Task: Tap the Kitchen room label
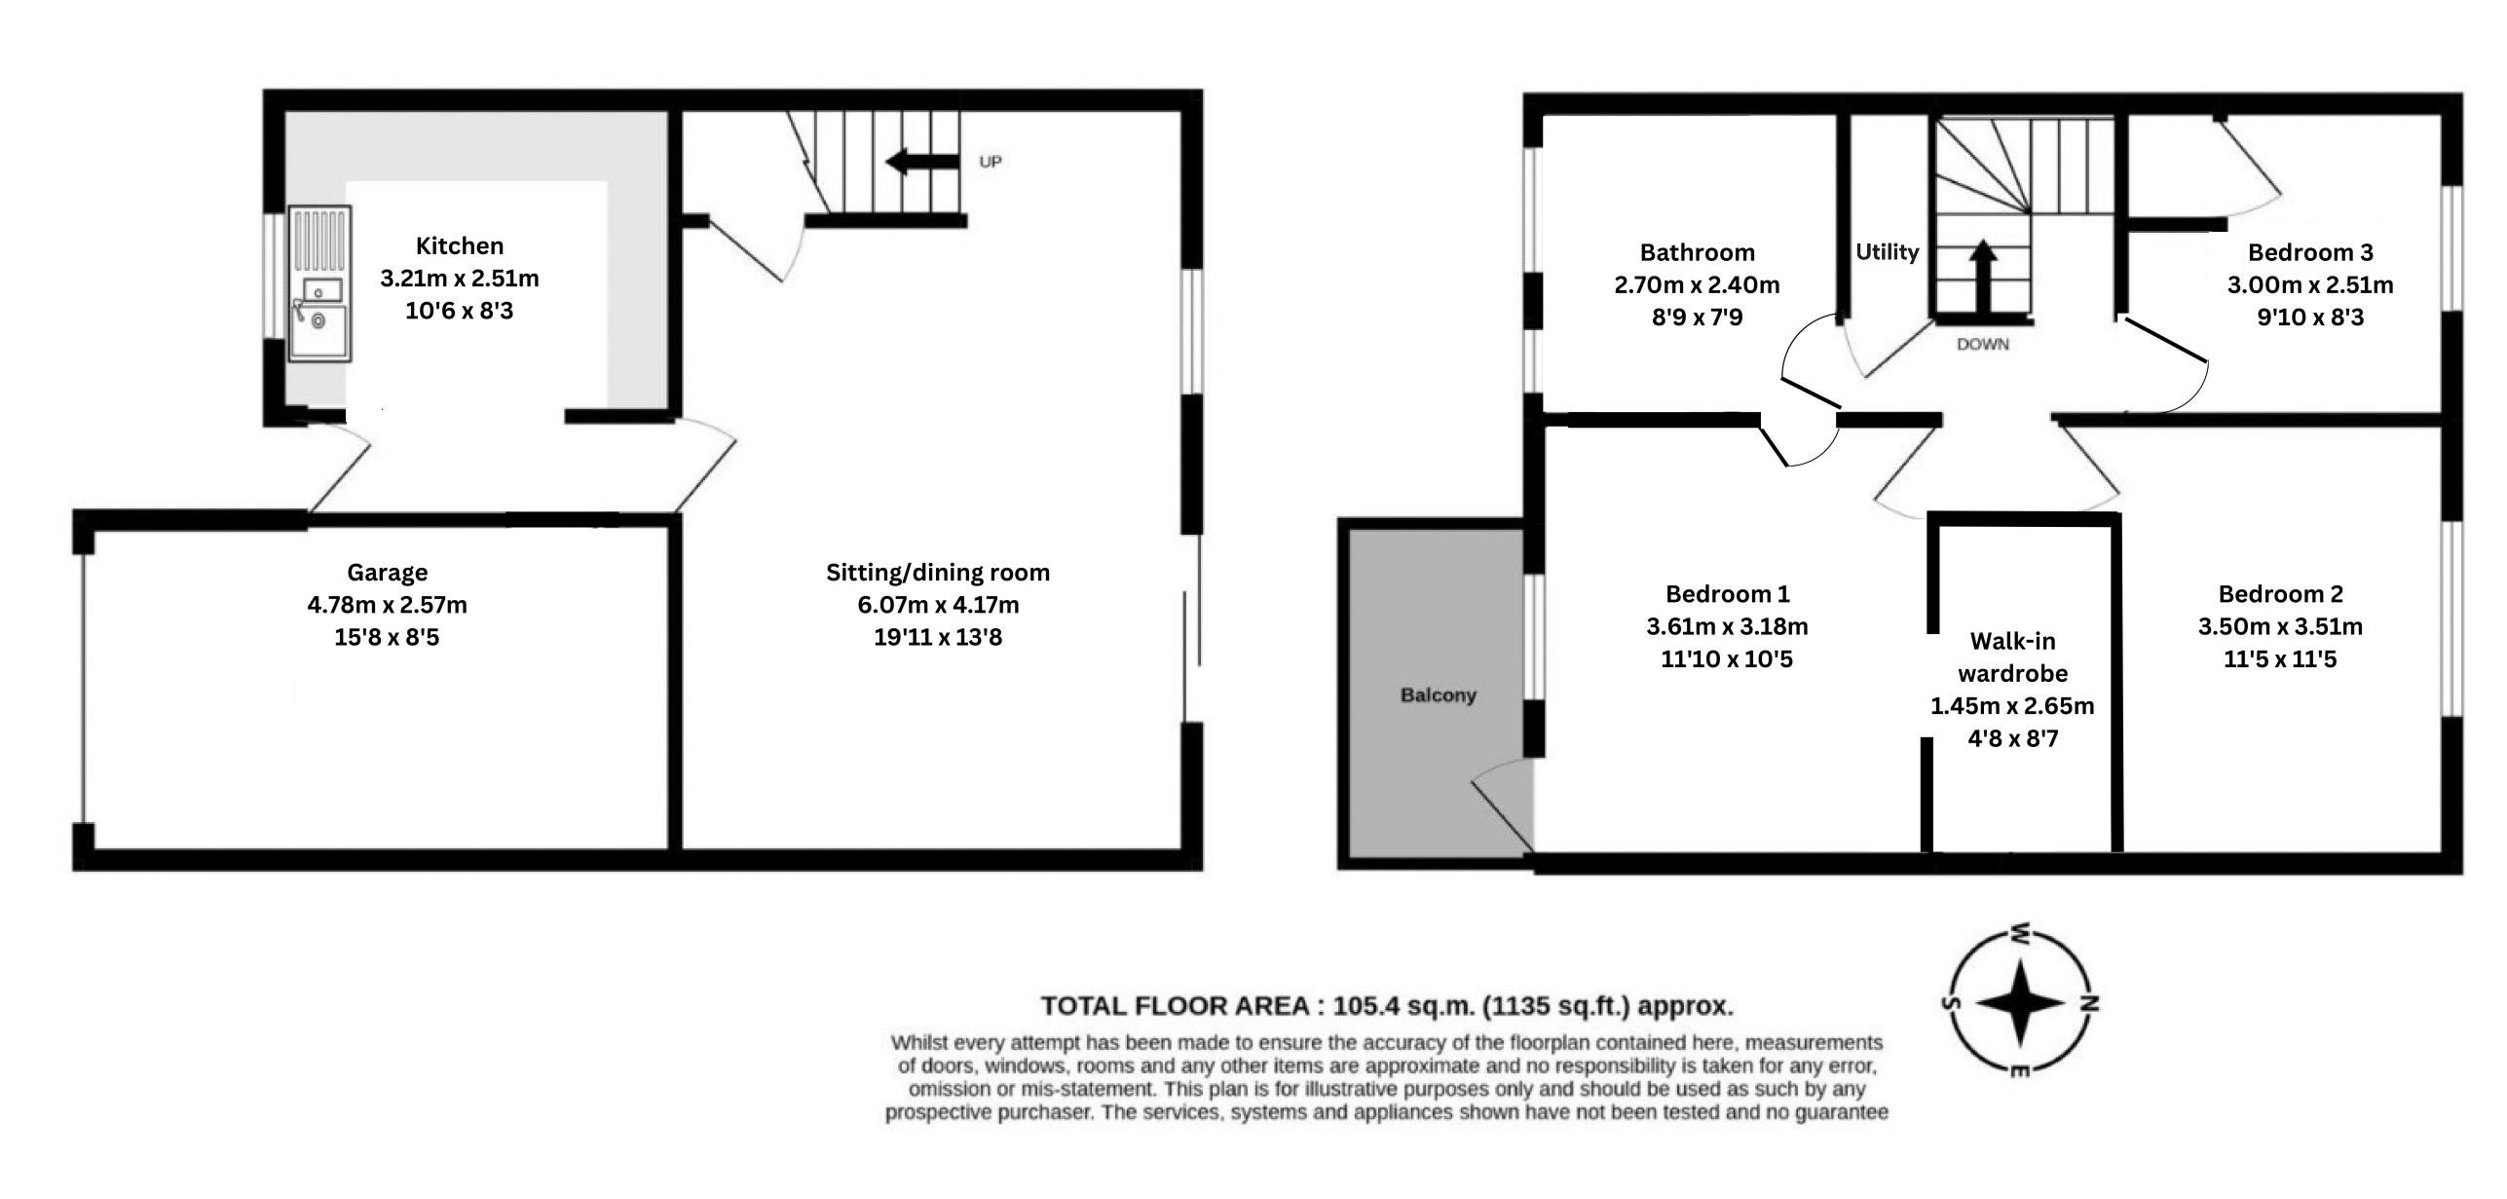pos(460,246)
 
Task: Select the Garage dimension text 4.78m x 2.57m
pos(388,605)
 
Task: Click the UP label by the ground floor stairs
pos(991,162)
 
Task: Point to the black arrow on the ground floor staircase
pos(922,162)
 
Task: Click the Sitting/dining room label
pos(938,573)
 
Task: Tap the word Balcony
pos(1439,695)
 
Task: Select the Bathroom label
pos(1698,252)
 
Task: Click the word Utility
pos(1887,252)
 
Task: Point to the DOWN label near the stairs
pos(1983,345)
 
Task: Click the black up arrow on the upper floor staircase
pos(1983,279)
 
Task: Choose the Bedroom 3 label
pos(2310,252)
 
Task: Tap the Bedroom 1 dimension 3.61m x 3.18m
pos(1727,626)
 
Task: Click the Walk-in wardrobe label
pos(2012,657)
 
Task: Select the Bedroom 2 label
pos(2280,594)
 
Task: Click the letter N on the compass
pos(2089,1003)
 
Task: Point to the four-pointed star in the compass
pos(2021,1003)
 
